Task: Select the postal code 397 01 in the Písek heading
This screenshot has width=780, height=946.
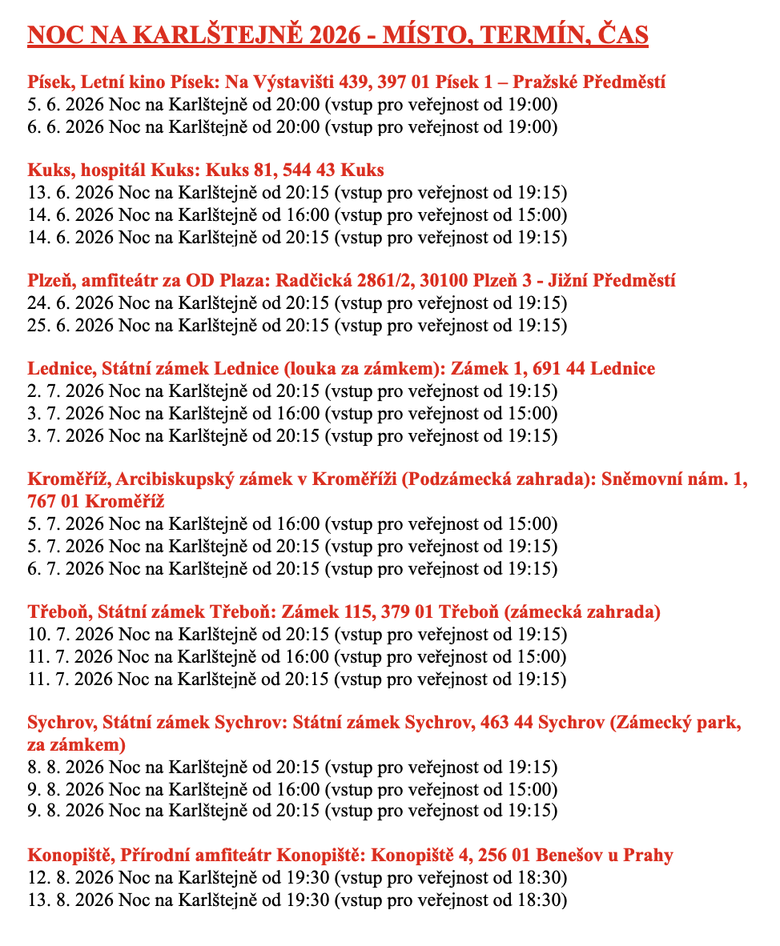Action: pos(404,82)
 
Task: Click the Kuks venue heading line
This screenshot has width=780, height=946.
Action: pos(206,170)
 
